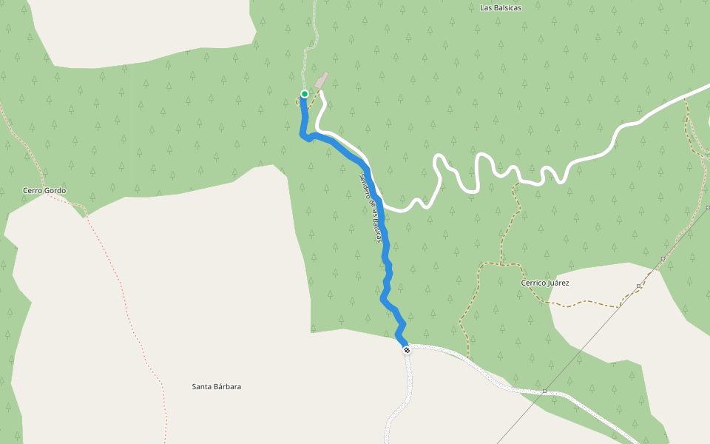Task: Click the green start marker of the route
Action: coord(304,94)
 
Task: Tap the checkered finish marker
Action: coord(406,349)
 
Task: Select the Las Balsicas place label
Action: coord(501,8)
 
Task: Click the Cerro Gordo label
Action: coord(44,191)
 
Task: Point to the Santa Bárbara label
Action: coord(216,387)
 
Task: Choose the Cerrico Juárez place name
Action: coord(544,283)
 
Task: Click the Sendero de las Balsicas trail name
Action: coord(371,208)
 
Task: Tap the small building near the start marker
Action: coord(321,80)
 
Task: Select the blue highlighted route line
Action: coord(385,252)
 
